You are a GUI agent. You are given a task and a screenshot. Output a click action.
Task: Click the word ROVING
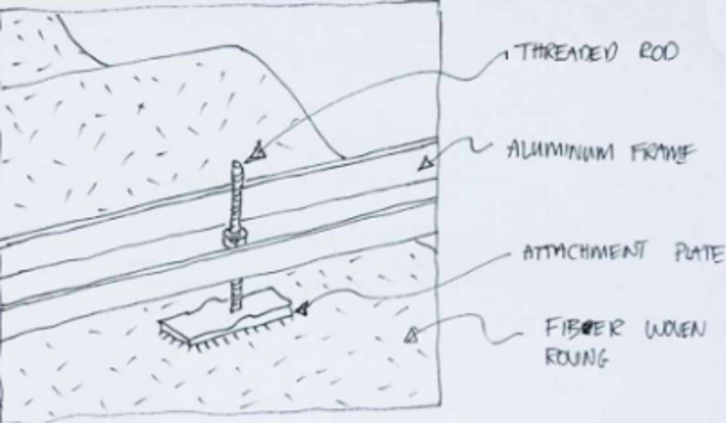click(x=577, y=358)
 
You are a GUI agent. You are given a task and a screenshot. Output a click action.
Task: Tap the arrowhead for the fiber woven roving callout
click(x=411, y=336)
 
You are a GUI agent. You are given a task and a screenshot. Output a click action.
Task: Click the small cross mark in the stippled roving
click(x=140, y=107)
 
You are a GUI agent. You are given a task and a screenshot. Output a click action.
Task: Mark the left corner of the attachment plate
click(x=159, y=322)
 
